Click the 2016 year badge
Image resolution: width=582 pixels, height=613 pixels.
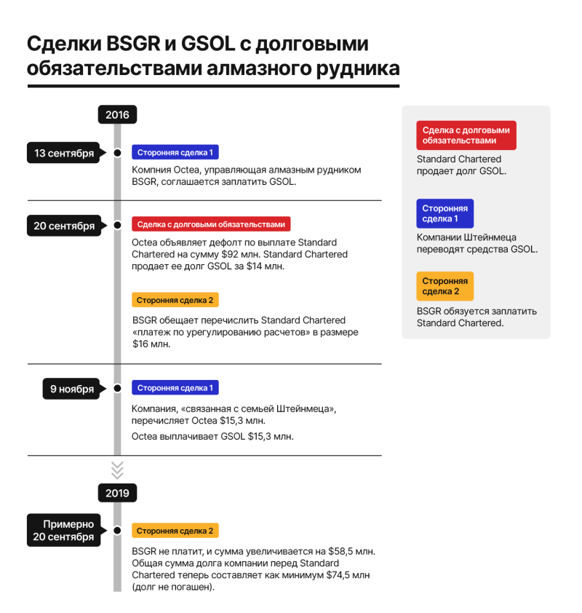point(117,114)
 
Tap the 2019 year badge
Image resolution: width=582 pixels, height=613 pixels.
point(117,493)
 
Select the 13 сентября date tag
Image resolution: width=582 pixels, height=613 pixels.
point(65,153)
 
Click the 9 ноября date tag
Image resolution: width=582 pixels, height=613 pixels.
point(73,389)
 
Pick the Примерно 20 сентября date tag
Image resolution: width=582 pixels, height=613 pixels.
point(65,530)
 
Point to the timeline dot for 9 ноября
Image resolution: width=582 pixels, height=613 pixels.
point(117,388)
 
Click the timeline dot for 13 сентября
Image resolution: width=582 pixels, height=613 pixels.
point(117,153)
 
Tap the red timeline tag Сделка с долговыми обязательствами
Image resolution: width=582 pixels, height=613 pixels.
point(211,224)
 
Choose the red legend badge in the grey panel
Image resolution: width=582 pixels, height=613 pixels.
point(466,135)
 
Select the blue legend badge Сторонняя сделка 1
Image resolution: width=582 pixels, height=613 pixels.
point(445,213)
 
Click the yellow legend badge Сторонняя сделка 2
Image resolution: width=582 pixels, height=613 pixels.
point(445,286)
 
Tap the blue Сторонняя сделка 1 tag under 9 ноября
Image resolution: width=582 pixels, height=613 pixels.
point(175,387)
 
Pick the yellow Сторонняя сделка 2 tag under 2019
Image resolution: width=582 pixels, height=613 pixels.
point(175,531)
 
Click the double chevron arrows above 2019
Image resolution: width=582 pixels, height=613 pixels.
point(117,470)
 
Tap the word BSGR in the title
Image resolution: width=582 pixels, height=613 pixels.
point(133,44)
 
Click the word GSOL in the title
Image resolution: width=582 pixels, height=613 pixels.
point(208,44)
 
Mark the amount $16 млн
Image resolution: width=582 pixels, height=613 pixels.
point(151,344)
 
